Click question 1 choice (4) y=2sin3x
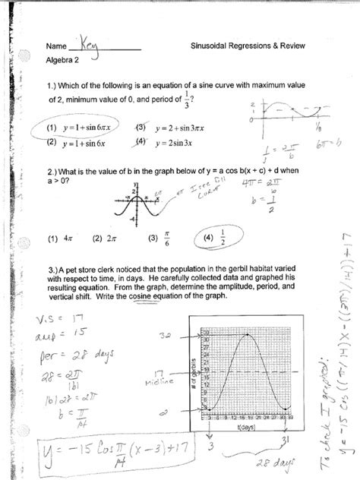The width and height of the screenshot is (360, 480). (159, 141)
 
